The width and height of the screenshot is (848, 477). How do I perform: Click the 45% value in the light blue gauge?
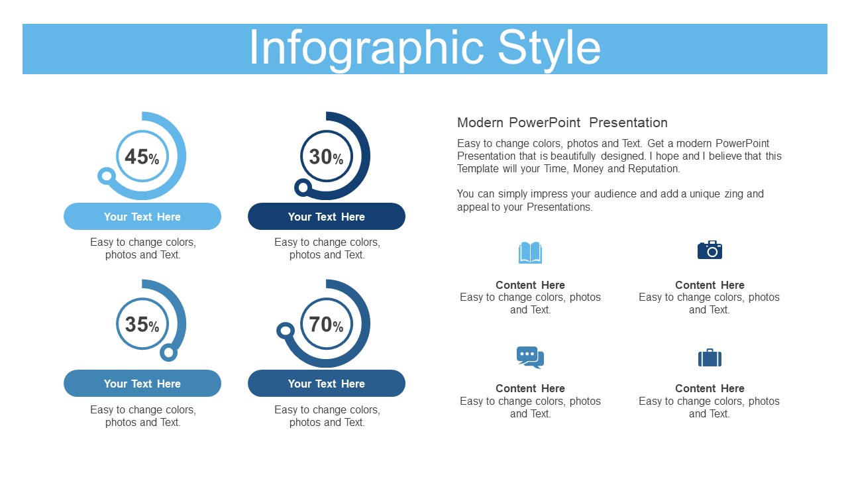(x=142, y=157)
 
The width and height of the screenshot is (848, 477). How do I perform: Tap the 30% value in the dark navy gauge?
(x=326, y=157)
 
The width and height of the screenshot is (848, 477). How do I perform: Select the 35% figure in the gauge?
(x=142, y=325)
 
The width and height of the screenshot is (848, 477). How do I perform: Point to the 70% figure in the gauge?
(x=326, y=325)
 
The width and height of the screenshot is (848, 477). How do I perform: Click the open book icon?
(x=530, y=252)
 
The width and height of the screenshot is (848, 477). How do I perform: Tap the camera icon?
(x=710, y=250)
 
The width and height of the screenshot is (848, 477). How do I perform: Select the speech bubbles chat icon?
(x=530, y=357)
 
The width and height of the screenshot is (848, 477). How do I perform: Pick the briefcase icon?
(x=710, y=358)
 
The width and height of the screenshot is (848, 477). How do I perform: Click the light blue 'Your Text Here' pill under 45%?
(x=142, y=216)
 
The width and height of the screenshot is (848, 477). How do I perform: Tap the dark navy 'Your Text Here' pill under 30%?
(x=327, y=216)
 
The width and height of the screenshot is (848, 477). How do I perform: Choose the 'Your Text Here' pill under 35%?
(x=142, y=383)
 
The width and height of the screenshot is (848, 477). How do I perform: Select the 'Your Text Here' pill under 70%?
(x=327, y=383)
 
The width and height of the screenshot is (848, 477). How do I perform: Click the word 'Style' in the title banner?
(x=549, y=49)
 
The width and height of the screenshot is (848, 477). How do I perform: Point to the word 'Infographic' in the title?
(x=366, y=49)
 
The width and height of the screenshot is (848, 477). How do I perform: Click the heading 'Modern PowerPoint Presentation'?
(x=562, y=123)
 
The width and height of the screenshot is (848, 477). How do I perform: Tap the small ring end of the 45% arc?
(x=107, y=176)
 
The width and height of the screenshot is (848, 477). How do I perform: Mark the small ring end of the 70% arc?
(x=286, y=331)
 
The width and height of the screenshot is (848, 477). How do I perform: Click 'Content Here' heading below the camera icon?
(x=710, y=285)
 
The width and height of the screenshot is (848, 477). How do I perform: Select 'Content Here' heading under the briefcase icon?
(x=710, y=388)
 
